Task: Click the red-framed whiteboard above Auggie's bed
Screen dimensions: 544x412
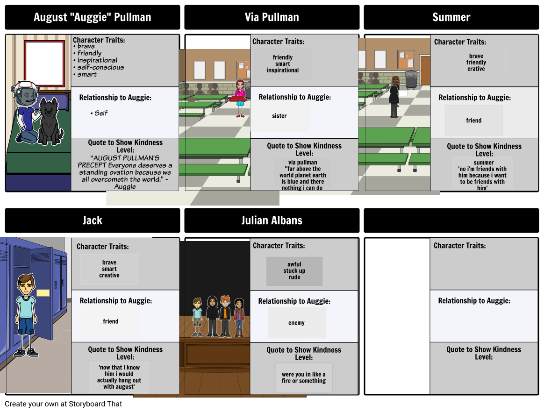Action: pos(44,63)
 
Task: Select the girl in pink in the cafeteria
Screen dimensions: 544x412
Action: pos(239,98)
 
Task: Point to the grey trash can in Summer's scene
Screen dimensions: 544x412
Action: pos(411,79)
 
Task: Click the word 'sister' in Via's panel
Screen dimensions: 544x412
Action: pos(279,116)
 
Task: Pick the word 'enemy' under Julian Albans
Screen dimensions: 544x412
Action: pos(296,323)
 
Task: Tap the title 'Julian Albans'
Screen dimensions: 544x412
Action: pos(272,220)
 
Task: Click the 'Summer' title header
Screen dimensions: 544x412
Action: pos(451,17)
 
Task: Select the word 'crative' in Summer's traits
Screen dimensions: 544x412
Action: pos(476,69)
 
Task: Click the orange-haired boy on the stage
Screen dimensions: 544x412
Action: pos(225,316)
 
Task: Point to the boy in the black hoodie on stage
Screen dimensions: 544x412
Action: pos(212,316)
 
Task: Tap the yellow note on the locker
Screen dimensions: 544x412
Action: pos(43,293)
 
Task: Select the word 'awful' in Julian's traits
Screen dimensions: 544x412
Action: pos(294,264)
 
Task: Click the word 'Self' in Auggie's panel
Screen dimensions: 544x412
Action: pos(101,113)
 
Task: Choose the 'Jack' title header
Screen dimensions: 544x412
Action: pos(92,220)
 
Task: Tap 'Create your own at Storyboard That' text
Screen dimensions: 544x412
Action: pos(63,404)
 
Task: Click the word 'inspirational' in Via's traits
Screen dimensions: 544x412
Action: pos(282,70)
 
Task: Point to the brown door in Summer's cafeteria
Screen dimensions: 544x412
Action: pos(425,71)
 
